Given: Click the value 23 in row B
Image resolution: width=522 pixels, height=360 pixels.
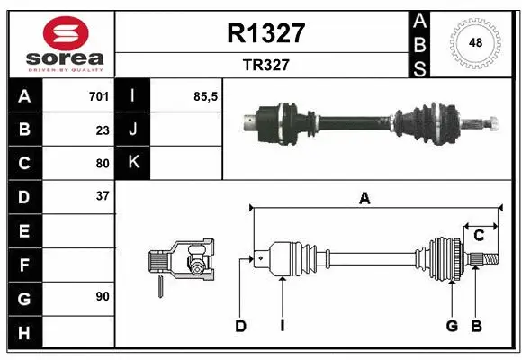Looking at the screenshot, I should [102, 130].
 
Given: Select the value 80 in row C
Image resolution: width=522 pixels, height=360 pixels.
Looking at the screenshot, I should [102, 164].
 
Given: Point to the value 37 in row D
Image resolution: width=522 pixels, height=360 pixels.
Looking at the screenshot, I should [102, 195].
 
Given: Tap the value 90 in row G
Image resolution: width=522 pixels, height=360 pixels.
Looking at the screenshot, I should [102, 296].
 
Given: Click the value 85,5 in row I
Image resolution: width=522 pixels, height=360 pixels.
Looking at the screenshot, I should [206, 96].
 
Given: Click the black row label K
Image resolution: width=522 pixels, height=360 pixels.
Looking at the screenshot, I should [133, 163].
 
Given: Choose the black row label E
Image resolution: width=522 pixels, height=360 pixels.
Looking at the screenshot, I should [24, 231].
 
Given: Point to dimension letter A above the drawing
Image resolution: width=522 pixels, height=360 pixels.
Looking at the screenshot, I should [364, 199].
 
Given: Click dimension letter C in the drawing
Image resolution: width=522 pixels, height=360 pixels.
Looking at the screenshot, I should [479, 235].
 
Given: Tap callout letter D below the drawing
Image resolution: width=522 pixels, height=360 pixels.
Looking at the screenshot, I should [240, 326].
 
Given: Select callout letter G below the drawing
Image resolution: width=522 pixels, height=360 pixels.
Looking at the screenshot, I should [452, 326].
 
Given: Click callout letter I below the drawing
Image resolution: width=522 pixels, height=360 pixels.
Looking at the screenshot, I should [282, 326].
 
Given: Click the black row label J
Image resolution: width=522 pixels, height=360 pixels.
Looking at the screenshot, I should [133, 130].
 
